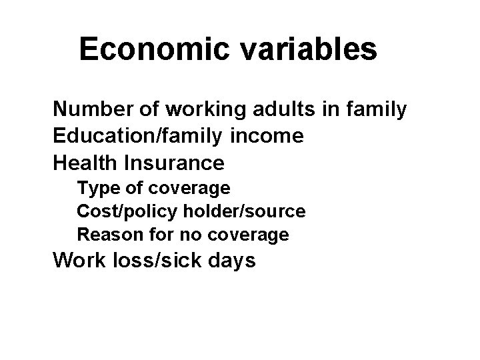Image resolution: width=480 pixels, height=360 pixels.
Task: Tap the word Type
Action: coord(94,189)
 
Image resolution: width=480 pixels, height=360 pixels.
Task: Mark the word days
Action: coord(231,260)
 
